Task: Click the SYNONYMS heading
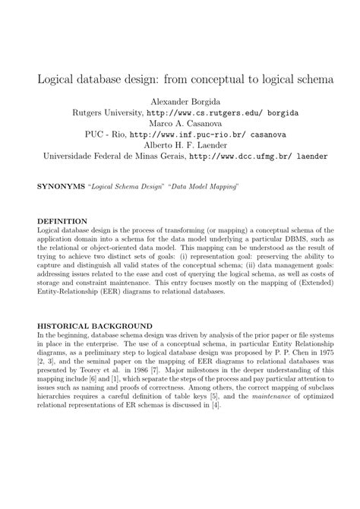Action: [x=62, y=185]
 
